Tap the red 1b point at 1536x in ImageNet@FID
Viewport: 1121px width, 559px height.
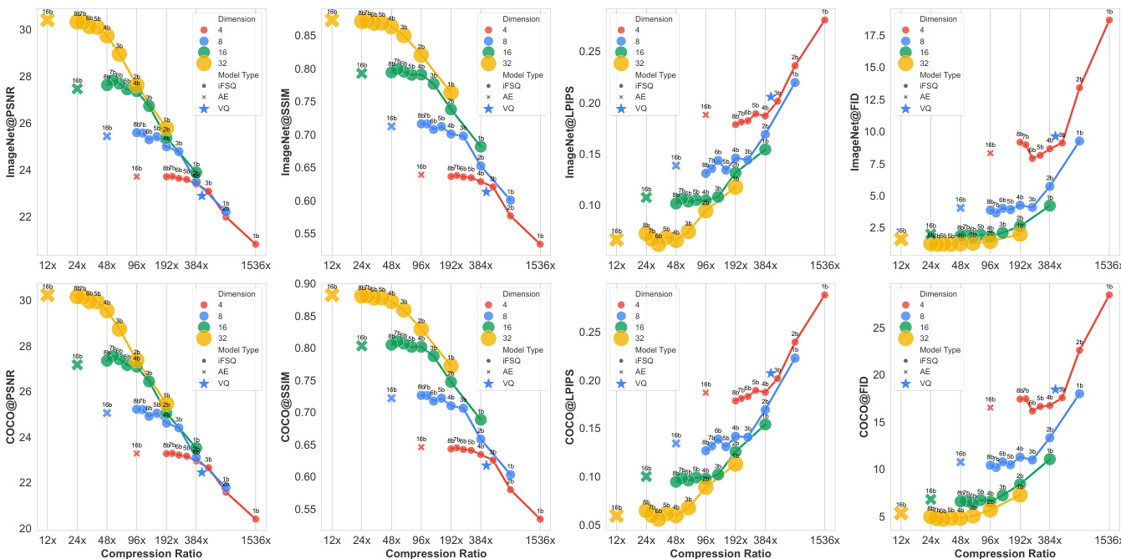pos(1109,20)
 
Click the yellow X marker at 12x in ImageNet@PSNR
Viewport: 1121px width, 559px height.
pos(48,19)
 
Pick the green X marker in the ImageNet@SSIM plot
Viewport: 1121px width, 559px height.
pos(362,73)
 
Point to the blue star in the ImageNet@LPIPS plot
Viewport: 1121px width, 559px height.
pos(771,97)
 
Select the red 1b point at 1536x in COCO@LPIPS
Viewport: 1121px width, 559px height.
pos(825,294)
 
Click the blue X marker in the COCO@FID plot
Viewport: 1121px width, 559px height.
pos(960,461)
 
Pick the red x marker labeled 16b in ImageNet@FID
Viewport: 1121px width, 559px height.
pos(991,153)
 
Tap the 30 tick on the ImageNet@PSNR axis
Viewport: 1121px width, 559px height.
pos(25,28)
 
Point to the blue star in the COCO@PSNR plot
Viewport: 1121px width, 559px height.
pos(202,472)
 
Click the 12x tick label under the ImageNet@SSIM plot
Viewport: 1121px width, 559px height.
pos(332,266)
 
